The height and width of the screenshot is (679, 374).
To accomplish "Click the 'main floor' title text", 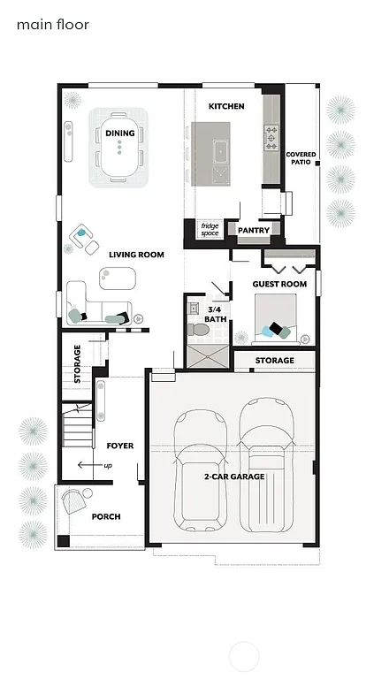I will (x=52, y=25).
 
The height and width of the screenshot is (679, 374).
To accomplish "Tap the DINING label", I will (x=119, y=133).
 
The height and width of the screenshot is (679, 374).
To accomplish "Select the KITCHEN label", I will (x=225, y=106).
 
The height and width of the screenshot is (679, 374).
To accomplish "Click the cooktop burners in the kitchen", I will (x=271, y=136).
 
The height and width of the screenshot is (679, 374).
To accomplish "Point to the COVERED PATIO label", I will (x=301, y=159).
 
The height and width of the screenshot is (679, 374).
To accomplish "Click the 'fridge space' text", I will (x=210, y=229).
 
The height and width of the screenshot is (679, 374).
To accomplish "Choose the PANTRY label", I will (x=253, y=231).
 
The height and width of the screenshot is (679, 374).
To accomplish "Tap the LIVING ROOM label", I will (x=137, y=255).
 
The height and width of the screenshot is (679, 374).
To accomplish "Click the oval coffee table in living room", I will (x=118, y=279).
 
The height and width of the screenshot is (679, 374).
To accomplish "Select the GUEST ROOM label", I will (x=279, y=284).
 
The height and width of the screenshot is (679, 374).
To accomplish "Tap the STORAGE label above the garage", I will (x=274, y=361).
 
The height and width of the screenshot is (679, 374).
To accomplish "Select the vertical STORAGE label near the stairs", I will (x=77, y=365).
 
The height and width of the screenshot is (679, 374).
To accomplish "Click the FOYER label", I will (x=119, y=446).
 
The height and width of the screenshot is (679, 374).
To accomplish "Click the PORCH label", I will (x=106, y=516).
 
